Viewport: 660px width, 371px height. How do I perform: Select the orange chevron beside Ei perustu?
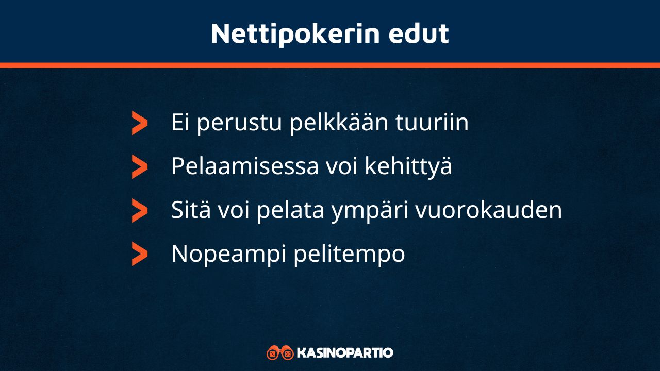tap(139, 123)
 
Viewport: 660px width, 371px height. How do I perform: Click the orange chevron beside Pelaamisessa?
tap(139, 166)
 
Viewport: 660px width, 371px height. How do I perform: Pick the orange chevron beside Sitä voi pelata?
tap(139, 210)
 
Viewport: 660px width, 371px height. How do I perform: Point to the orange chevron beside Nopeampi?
tap(139, 254)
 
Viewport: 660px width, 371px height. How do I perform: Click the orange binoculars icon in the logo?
tap(280, 353)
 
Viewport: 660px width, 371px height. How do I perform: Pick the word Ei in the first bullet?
tap(181, 123)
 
